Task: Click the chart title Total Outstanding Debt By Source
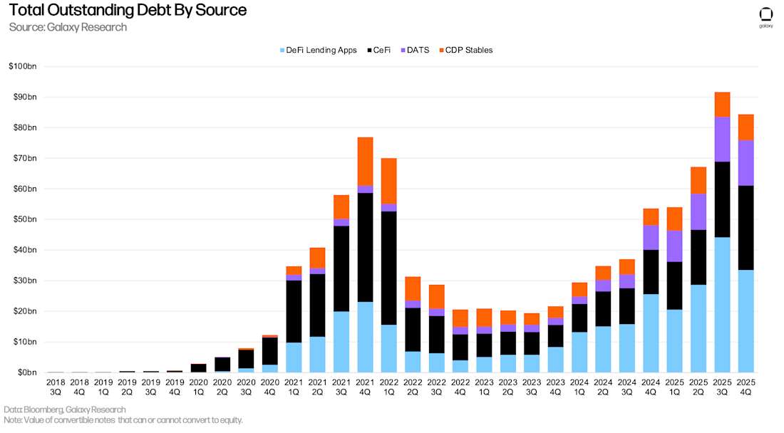pos(128,10)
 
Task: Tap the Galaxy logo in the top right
pos(765,15)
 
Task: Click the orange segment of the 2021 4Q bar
pos(365,161)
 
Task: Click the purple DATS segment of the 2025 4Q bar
pos(746,162)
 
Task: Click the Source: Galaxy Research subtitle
pos(68,27)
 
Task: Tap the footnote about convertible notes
pos(123,420)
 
